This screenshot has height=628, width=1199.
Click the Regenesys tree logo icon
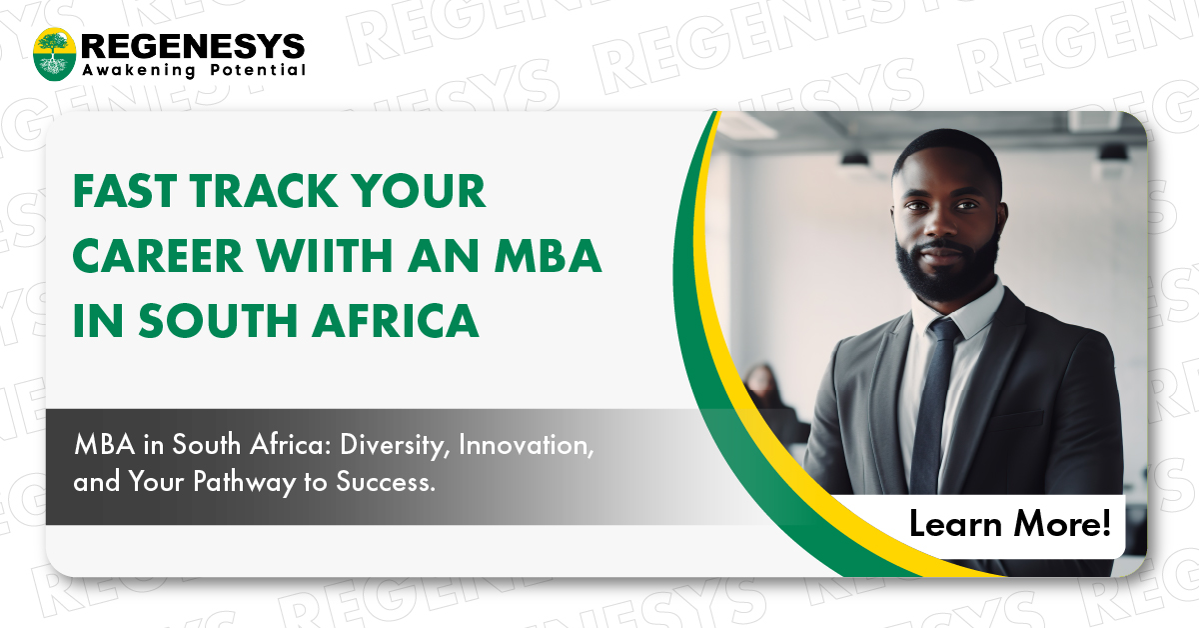pyautogui.click(x=55, y=54)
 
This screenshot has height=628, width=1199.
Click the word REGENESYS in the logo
pyautogui.click(x=193, y=45)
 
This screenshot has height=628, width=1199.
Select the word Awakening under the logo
pyautogui.click(x=139, y=71)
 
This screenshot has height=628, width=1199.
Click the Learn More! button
pyautogui.click(x=1009, y=524)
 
